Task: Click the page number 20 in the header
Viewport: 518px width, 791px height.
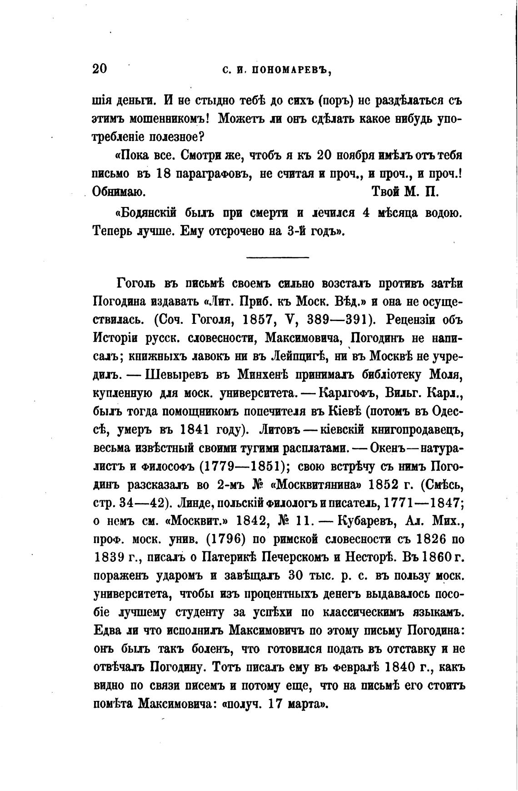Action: click(x=100, y=69)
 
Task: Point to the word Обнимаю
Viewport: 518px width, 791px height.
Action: click(x=119, y=191)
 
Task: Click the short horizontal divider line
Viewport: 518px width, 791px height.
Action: click(x=277, y=258)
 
